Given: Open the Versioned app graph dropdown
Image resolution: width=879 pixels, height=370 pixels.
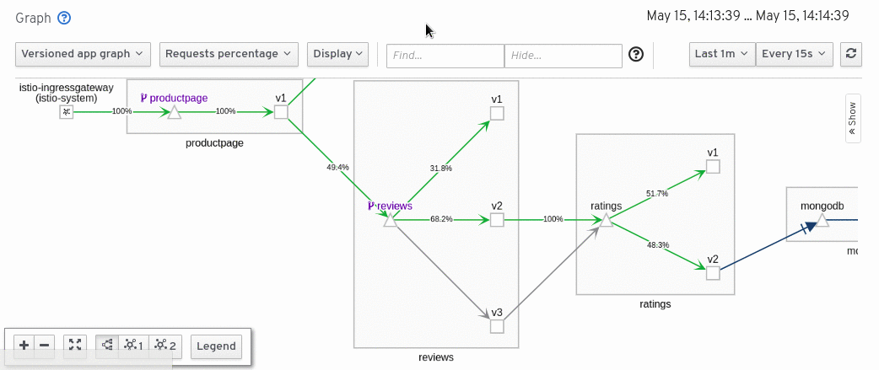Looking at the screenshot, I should coord(83,54).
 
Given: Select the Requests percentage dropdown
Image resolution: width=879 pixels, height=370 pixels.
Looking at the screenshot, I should coord(229,54).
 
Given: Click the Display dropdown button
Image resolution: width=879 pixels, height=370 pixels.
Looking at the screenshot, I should coord(337,54).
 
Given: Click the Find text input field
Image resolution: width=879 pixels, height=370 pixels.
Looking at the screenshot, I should coord(445,56).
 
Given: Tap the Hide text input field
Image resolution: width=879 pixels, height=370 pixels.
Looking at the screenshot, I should coord(563,56).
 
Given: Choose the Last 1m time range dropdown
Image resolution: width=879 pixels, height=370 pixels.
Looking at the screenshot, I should coord(721,54).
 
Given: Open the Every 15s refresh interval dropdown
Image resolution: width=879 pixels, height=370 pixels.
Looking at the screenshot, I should coord(795,54).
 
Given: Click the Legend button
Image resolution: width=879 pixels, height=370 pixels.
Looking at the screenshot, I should coord(217,346).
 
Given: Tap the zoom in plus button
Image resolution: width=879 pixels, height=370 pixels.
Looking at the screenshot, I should coord(24,345).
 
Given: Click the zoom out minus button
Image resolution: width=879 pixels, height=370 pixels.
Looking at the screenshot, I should coord(45,345).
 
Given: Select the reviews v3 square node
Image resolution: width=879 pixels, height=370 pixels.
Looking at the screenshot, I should coord(497,326).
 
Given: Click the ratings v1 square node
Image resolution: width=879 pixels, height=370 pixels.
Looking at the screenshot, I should coord(713,167).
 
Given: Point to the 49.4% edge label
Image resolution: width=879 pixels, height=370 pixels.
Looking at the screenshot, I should coord(337,167).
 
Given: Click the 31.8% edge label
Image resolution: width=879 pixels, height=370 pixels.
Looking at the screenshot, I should coord(440,169).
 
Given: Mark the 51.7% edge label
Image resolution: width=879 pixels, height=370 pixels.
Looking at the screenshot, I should coord(656,194).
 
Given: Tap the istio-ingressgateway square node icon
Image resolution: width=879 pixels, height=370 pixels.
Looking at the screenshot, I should coord(66,111).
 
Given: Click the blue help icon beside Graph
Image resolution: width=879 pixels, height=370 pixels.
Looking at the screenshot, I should coord(64,18).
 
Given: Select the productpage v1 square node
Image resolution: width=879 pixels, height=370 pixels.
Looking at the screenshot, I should coord(281,112).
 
